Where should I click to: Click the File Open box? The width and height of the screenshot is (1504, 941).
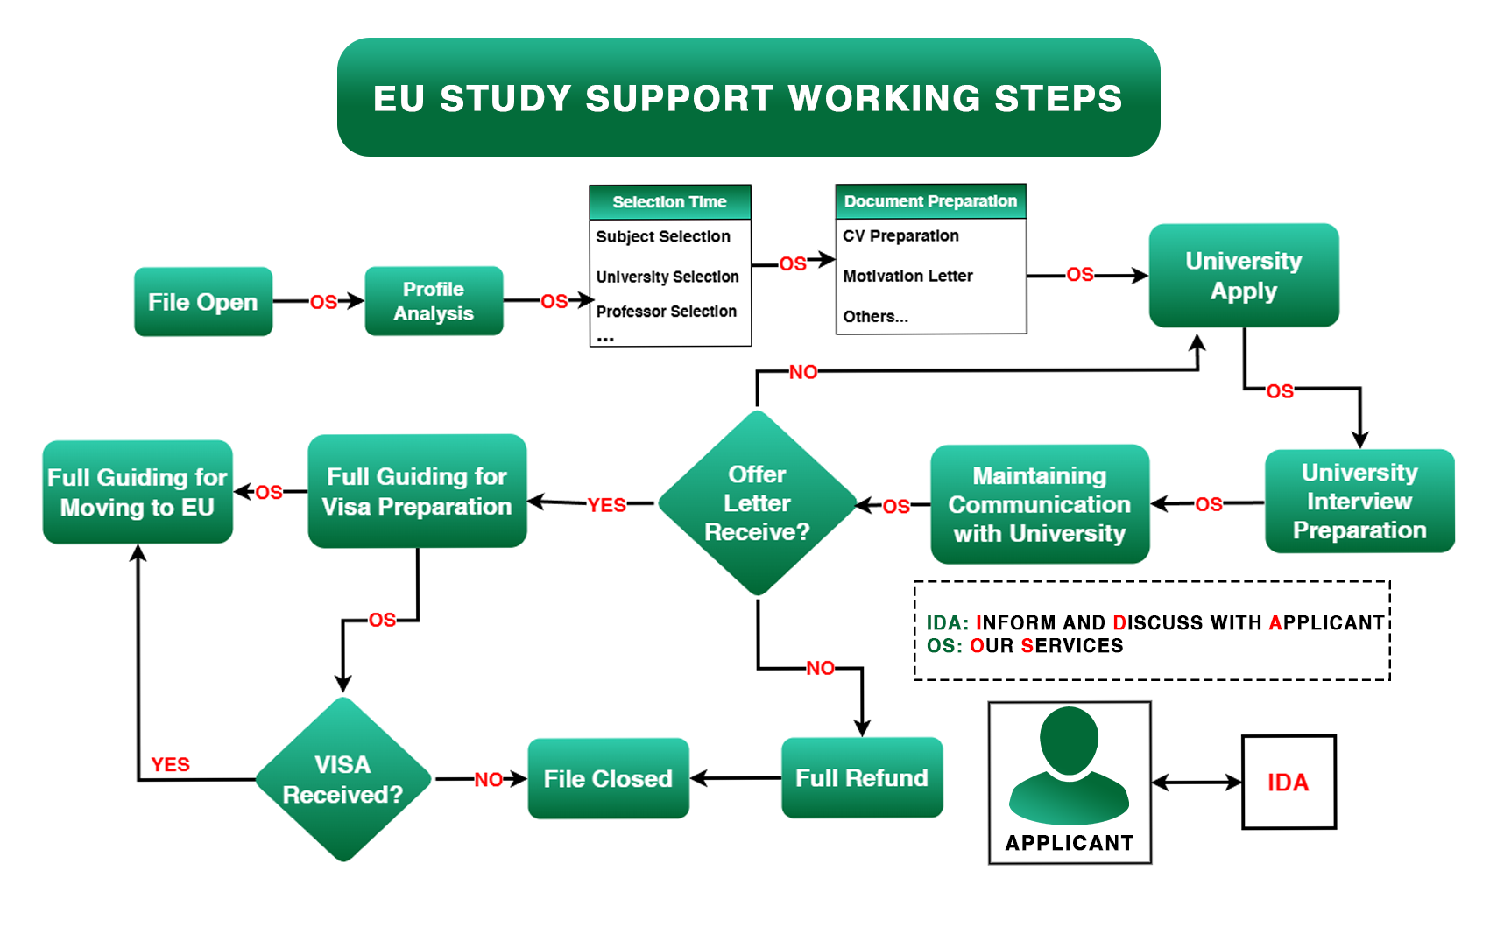coord(203,302)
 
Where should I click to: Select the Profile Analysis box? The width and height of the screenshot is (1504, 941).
coord(434,301)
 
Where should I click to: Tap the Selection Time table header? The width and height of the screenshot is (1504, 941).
coord(669,202)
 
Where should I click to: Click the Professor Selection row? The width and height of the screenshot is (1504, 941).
coord(666,312)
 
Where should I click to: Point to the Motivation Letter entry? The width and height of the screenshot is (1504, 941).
coord(907,277)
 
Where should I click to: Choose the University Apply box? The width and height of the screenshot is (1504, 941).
coord(1243,276)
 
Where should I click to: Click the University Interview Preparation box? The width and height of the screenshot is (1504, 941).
coord(1359,502)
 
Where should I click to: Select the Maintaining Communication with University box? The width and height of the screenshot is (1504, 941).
coord(1039,504)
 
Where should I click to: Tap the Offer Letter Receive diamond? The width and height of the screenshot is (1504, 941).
coord(757,503)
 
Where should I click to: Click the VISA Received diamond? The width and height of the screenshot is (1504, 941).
coord(342,779)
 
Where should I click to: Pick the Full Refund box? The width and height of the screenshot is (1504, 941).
coord(861,778)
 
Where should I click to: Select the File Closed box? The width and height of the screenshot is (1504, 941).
coord(608,779)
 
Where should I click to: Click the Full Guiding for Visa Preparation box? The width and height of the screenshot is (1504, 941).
coord(417,492)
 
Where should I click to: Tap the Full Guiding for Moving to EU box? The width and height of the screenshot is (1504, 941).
coord(138,492)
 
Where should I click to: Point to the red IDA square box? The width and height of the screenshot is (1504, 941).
coord(1289,783)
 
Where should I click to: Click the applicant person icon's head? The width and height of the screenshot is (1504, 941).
coord(1069,740)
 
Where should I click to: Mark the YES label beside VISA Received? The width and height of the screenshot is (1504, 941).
coord(170,765)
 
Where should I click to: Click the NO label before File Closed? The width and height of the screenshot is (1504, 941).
coord(489,780)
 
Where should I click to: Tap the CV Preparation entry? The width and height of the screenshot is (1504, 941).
coord(900,236)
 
